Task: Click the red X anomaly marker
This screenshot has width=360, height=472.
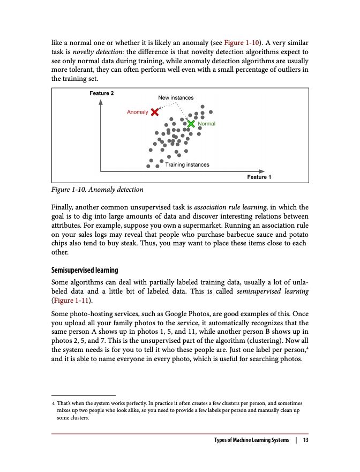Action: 155,112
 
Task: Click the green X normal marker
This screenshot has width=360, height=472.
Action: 191,124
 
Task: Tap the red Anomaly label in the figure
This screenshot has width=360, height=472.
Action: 137,112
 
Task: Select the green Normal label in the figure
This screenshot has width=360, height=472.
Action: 206,124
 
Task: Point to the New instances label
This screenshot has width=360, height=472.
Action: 176,98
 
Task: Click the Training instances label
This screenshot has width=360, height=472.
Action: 187,164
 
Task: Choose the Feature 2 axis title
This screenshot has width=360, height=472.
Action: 101,94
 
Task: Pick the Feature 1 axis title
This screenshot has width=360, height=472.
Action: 259,177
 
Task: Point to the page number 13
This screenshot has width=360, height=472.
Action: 306,440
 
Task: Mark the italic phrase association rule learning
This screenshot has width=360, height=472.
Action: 232,206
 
